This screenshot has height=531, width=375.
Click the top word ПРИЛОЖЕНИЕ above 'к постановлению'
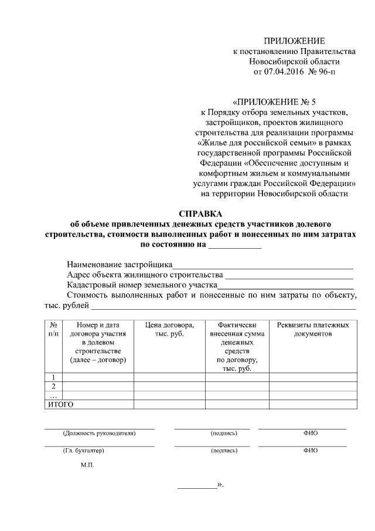click(x=294, y=40)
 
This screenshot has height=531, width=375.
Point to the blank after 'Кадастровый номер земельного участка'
click(x=285, y=285)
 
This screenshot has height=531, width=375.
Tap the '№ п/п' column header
click(x=53, y=329)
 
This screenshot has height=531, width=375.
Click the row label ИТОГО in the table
click(x=60, y=404)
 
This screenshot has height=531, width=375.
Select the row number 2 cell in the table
click(x=53, y=386)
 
